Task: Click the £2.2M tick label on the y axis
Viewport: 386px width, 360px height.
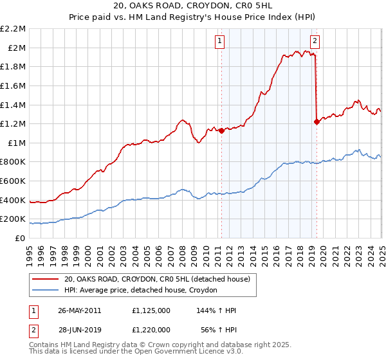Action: click(x=13, y=29)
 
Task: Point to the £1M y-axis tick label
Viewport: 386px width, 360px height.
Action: click(x=16, y=143)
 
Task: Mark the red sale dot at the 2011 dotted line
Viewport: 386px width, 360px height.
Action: click(x=221, y=130)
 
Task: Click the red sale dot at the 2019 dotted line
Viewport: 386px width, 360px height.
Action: click(x=317, y=122)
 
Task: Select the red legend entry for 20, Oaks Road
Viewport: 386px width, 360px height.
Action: click(x=160, y=279)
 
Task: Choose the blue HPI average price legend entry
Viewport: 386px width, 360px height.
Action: click(x=141, y=291)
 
